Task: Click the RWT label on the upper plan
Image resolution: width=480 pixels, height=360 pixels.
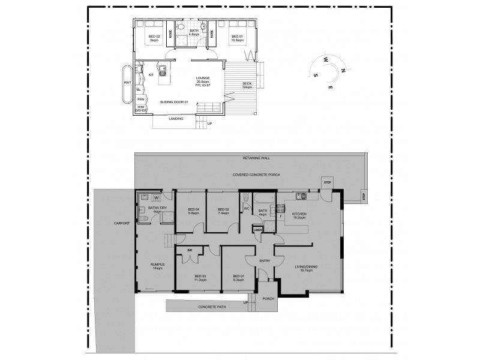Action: pyautogui.click(x=127, y=82)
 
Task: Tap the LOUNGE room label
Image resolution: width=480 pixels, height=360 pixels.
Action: pyautogui.click(x=202, y=79)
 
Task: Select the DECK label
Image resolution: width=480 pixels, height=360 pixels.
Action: pyautogui.click(x=247, y=83)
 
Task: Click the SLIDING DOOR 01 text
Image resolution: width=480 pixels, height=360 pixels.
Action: pyautogui.click(x=175, y=102)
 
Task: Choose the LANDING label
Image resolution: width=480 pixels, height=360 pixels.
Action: pyautogui.click(x=176, y=119)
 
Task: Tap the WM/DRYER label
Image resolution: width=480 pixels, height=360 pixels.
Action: pyautogui.click(x=141, y=109)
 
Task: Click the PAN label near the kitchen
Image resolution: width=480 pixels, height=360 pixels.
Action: pyautogui.click(x=140, y=99)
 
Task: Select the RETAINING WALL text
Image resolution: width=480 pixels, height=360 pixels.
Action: pyautogui.click(x=256, y=158)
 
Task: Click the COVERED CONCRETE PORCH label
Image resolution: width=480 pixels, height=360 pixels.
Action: pyautogui.click(x=256, y=174)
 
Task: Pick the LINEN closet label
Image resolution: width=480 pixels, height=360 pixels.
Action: pyautogui.click(x=257, y=230)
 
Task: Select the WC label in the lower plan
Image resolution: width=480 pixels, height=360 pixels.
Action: pyautogui.click(x=247, y=209)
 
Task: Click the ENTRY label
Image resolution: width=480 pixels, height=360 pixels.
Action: pyautogui.click(x=265, y=261)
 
